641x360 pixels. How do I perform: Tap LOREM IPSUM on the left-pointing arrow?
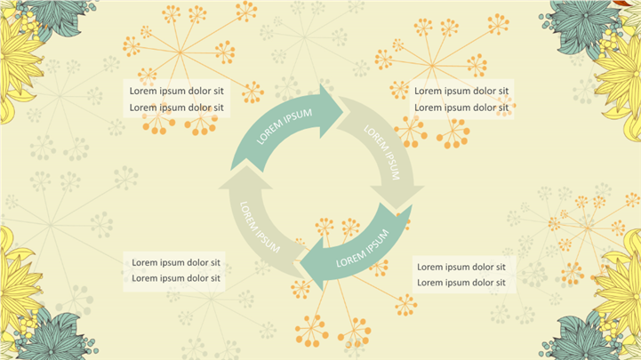363,249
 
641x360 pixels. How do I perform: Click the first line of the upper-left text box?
176,91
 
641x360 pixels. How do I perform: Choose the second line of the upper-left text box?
176,108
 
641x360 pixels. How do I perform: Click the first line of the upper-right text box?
461,91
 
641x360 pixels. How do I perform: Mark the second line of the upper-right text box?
461,108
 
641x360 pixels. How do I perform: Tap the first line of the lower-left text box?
176,262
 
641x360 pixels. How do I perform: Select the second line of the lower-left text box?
176,278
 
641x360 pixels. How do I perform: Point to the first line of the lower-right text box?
461,267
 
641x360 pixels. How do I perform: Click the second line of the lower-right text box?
461,283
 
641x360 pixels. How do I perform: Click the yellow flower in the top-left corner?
18,67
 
